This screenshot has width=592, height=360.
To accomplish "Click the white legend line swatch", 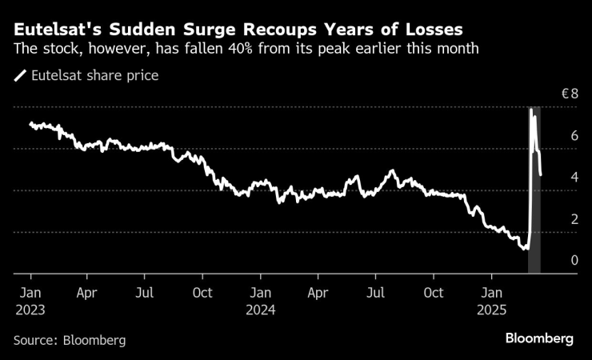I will click(x=20, y=77).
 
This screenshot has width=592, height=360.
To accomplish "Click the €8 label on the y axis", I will click(x=569, y=94).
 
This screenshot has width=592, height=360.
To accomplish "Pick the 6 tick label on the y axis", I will click(x=573, y=136).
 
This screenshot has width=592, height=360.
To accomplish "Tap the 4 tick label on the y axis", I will click(x=573, y=178).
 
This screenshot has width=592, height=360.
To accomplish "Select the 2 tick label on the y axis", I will click(x=573, y=219).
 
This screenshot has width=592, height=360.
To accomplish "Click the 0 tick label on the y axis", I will click(x=573, y=261).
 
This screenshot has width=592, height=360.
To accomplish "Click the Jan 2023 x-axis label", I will click(x=30, y=299).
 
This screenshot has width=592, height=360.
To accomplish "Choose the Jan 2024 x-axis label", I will click(x=261, y=299).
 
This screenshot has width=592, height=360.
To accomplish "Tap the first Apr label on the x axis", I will click(x=87, y=292).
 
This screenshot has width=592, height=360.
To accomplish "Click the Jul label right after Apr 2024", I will click(x=376, y=292).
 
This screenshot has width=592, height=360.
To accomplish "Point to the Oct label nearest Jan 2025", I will click(x=434, y=292).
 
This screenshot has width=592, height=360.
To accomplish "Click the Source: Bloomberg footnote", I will click(x=70, y=340).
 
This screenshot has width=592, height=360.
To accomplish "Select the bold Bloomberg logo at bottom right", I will click(x=539, y=339).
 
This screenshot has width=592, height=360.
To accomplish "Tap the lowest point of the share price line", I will click(x=526, y=250).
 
